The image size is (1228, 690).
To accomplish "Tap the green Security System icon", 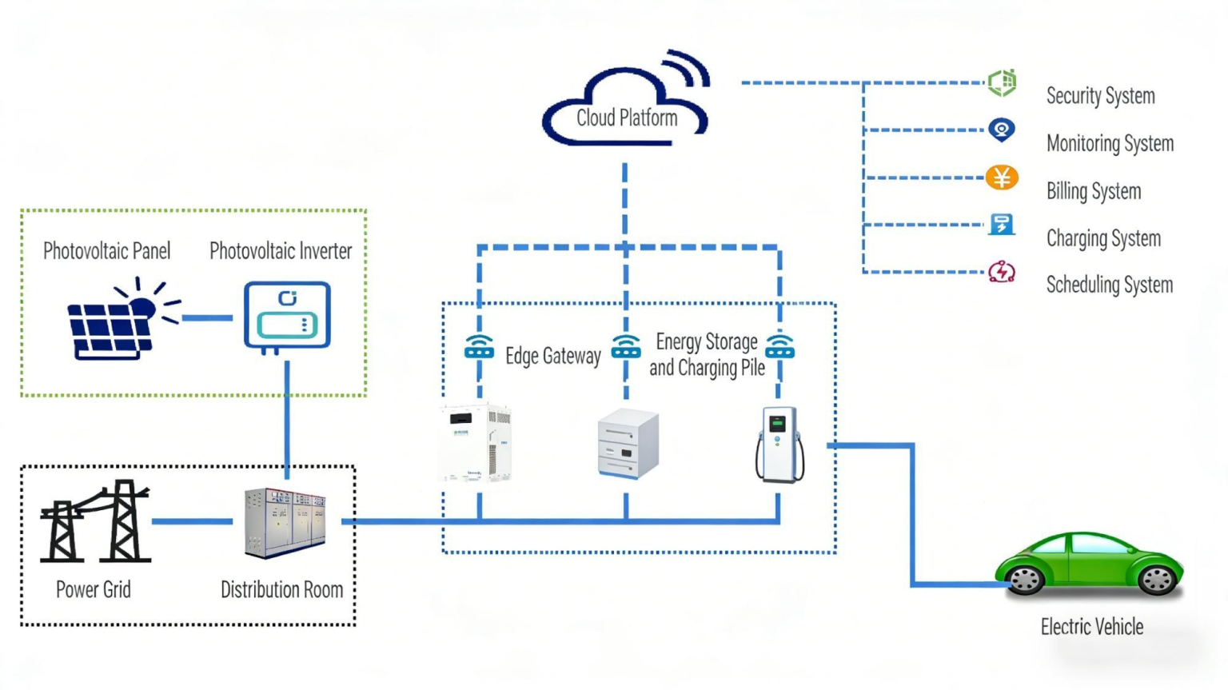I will click(1002, 82).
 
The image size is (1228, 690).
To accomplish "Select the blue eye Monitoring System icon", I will click(1001, 130).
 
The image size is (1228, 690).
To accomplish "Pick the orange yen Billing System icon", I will click(1001, 177).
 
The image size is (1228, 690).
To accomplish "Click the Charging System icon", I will click(1001, 225).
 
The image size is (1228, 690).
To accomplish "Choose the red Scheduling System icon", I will click(1001, 272).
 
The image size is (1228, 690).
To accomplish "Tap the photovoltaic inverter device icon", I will click(287, 315).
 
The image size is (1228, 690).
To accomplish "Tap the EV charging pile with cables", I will click(779, 445).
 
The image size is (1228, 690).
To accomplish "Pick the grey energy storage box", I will click(628, 445).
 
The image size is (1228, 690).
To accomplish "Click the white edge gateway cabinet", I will click(476, 443).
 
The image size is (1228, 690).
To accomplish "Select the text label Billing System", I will click(1093, 192).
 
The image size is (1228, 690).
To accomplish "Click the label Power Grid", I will click(93, 590).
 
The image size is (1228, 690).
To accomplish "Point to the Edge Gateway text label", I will click(552, 356).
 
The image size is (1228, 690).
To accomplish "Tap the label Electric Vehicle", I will click(1091, 627).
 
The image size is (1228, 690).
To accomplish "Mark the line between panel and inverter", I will click(207, 318).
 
